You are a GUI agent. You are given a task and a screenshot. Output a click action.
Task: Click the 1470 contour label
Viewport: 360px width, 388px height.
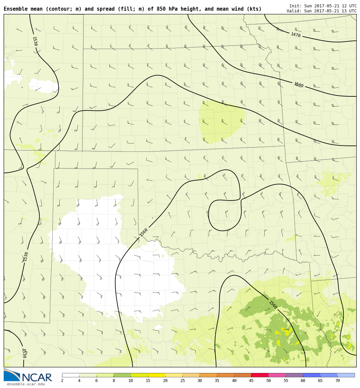[296, 35]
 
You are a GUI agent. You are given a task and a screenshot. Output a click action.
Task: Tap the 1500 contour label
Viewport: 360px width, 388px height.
[299, 85]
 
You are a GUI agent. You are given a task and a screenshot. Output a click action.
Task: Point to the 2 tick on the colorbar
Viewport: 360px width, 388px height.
[62, 381]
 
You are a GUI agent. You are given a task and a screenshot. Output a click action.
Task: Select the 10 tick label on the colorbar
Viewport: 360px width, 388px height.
[131, 381]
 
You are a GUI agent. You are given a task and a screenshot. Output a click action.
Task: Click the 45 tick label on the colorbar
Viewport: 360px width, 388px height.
[251, 381]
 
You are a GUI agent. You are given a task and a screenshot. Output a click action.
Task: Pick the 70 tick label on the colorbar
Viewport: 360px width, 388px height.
[337, 381]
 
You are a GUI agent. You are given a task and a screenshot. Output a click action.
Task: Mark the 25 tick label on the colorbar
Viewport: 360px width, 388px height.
[182, 381]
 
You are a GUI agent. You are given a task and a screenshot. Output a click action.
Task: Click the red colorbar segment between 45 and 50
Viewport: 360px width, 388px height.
[260, 375]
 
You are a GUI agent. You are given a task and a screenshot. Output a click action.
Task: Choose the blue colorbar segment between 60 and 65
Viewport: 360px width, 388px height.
[311, 375]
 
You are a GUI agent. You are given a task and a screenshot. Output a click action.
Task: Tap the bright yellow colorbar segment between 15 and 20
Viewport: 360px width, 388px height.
[157, 375]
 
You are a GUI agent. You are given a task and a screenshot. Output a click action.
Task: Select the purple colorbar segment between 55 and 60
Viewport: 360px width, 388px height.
[294, 375]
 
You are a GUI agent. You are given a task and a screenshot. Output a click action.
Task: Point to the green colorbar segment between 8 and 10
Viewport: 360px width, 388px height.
[122, 375]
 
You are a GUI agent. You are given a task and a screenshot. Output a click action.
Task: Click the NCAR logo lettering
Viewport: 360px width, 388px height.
[37, 378]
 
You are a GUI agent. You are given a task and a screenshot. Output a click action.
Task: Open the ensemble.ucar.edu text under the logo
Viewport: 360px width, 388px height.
[26, 384]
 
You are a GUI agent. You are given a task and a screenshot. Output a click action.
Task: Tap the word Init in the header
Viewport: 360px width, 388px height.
[295, 6]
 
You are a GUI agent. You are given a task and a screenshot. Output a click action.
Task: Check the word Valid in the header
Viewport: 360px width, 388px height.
[294, 11]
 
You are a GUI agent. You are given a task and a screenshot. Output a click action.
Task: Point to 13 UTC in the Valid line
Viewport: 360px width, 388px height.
[348, 11]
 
